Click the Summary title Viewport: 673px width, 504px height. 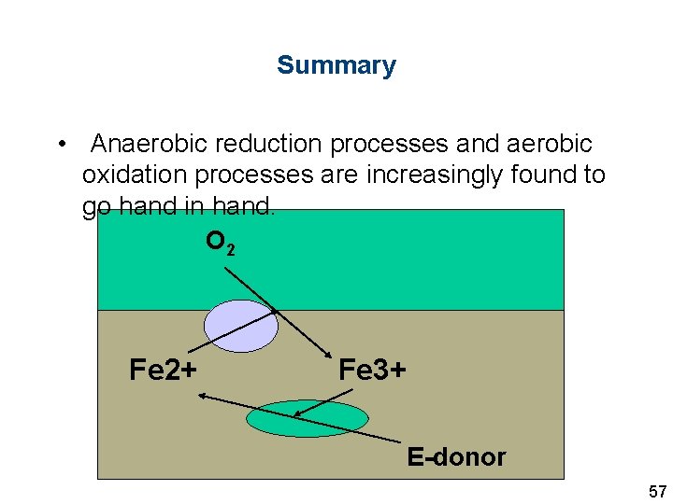tap(336, 65)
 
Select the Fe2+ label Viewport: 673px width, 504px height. tap(163, 371)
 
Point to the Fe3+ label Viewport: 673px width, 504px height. tap(372, 371)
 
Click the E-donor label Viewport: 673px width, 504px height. tap(456, 457)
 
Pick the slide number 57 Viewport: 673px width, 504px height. tap(657, 491)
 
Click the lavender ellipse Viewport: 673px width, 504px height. tap(241, 326)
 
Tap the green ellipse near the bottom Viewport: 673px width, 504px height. tap(308, 418)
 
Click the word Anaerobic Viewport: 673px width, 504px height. tap(149, 145)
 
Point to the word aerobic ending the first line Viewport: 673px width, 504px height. tap(549, 145)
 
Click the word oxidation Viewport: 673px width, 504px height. tap(126, 175)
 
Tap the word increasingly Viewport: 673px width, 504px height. tap(425, 175)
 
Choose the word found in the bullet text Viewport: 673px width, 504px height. tap(541, 175)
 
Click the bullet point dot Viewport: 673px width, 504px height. tap(60, 145)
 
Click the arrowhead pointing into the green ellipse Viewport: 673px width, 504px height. tap(296, 414)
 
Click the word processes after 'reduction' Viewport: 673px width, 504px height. tap(374, 145)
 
